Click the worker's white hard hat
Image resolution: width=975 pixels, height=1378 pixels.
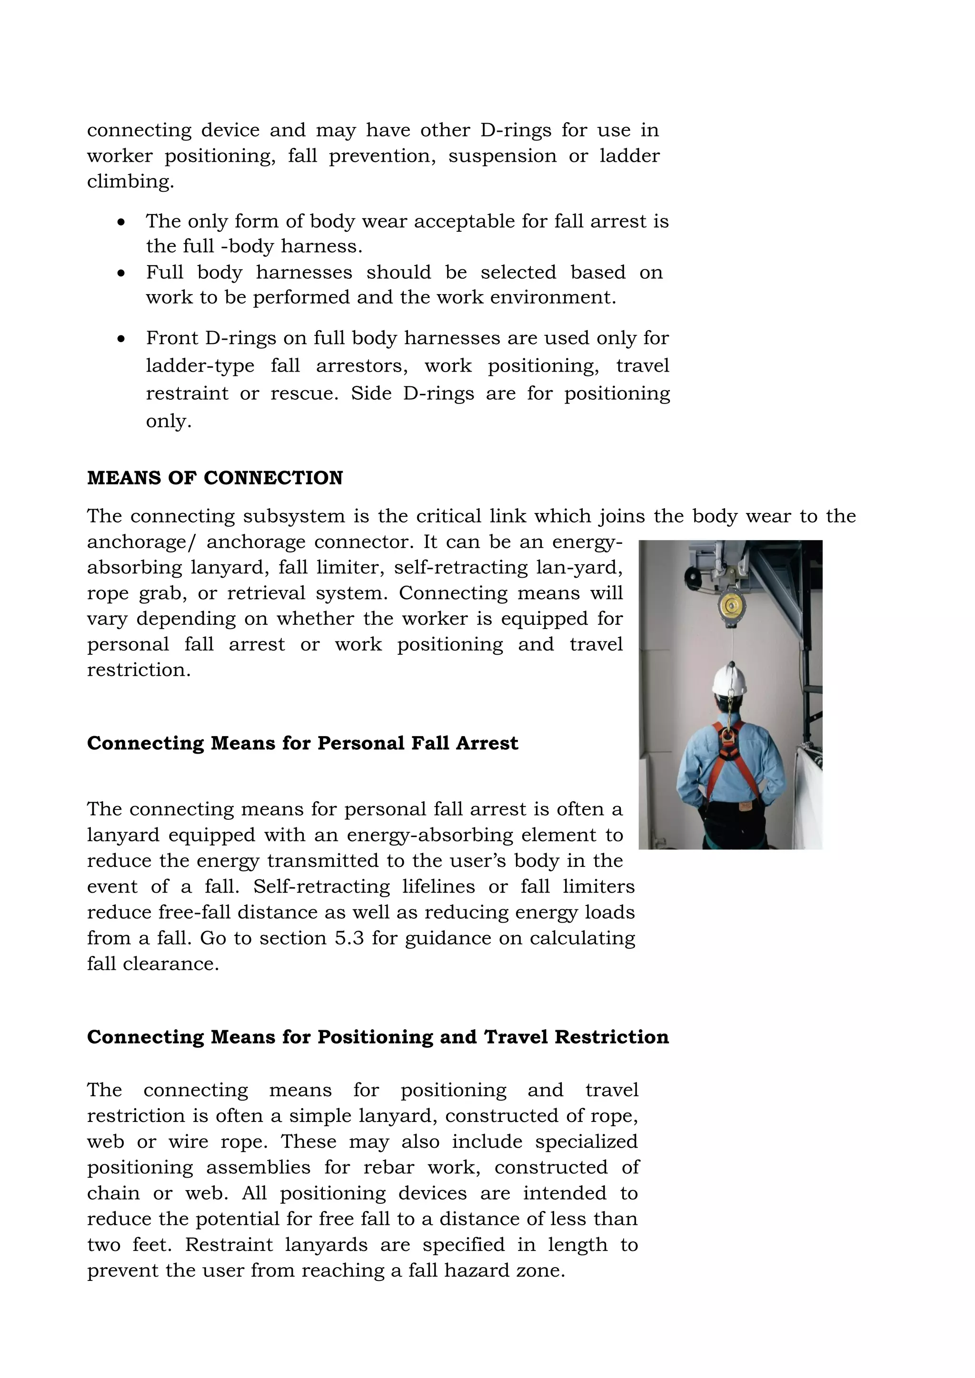(729, 680)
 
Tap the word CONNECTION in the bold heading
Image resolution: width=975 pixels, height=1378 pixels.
(273, 478)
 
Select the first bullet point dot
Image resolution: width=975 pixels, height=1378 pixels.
(122, 223)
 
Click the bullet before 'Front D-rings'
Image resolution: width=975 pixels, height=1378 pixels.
(122, 340)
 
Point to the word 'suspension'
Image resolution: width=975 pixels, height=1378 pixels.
(502, 156)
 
